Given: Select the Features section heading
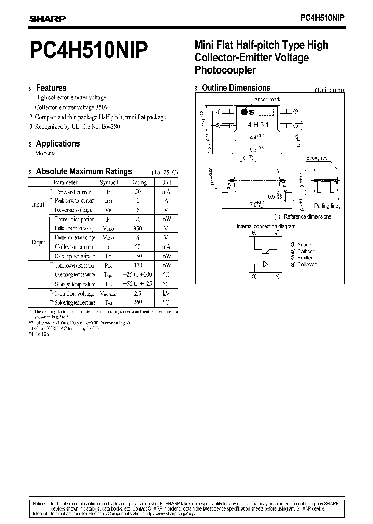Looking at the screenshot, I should click(x=51, y=88).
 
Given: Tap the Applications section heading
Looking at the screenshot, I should click(x=58, y=143).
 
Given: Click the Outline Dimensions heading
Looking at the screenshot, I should click(x=236, y=88).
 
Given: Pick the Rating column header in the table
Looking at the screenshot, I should click(x=139, y=182).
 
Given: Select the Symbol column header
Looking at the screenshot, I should click(x=109, y=182).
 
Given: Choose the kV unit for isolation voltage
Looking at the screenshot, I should click(x=166, y=293).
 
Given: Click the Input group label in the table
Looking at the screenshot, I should click(x=38, y=205).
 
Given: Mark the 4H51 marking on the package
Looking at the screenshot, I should click(x=256, y=125).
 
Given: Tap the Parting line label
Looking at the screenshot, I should click(x=327, y=206).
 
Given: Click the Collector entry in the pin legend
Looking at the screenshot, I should click(x=307, y=265).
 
